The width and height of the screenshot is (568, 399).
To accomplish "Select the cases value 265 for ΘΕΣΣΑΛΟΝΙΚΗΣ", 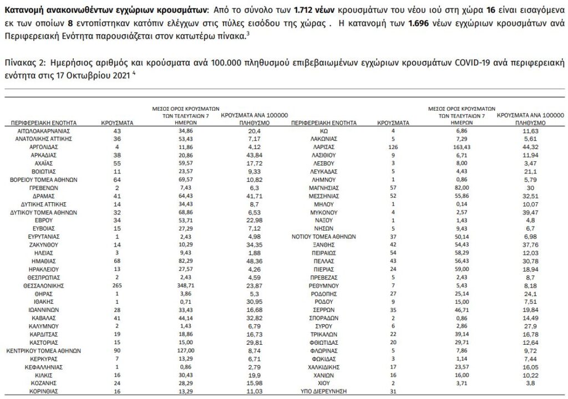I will coord(116,285).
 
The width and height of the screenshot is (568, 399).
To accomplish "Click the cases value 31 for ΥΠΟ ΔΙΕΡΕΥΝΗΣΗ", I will coord(394,392).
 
